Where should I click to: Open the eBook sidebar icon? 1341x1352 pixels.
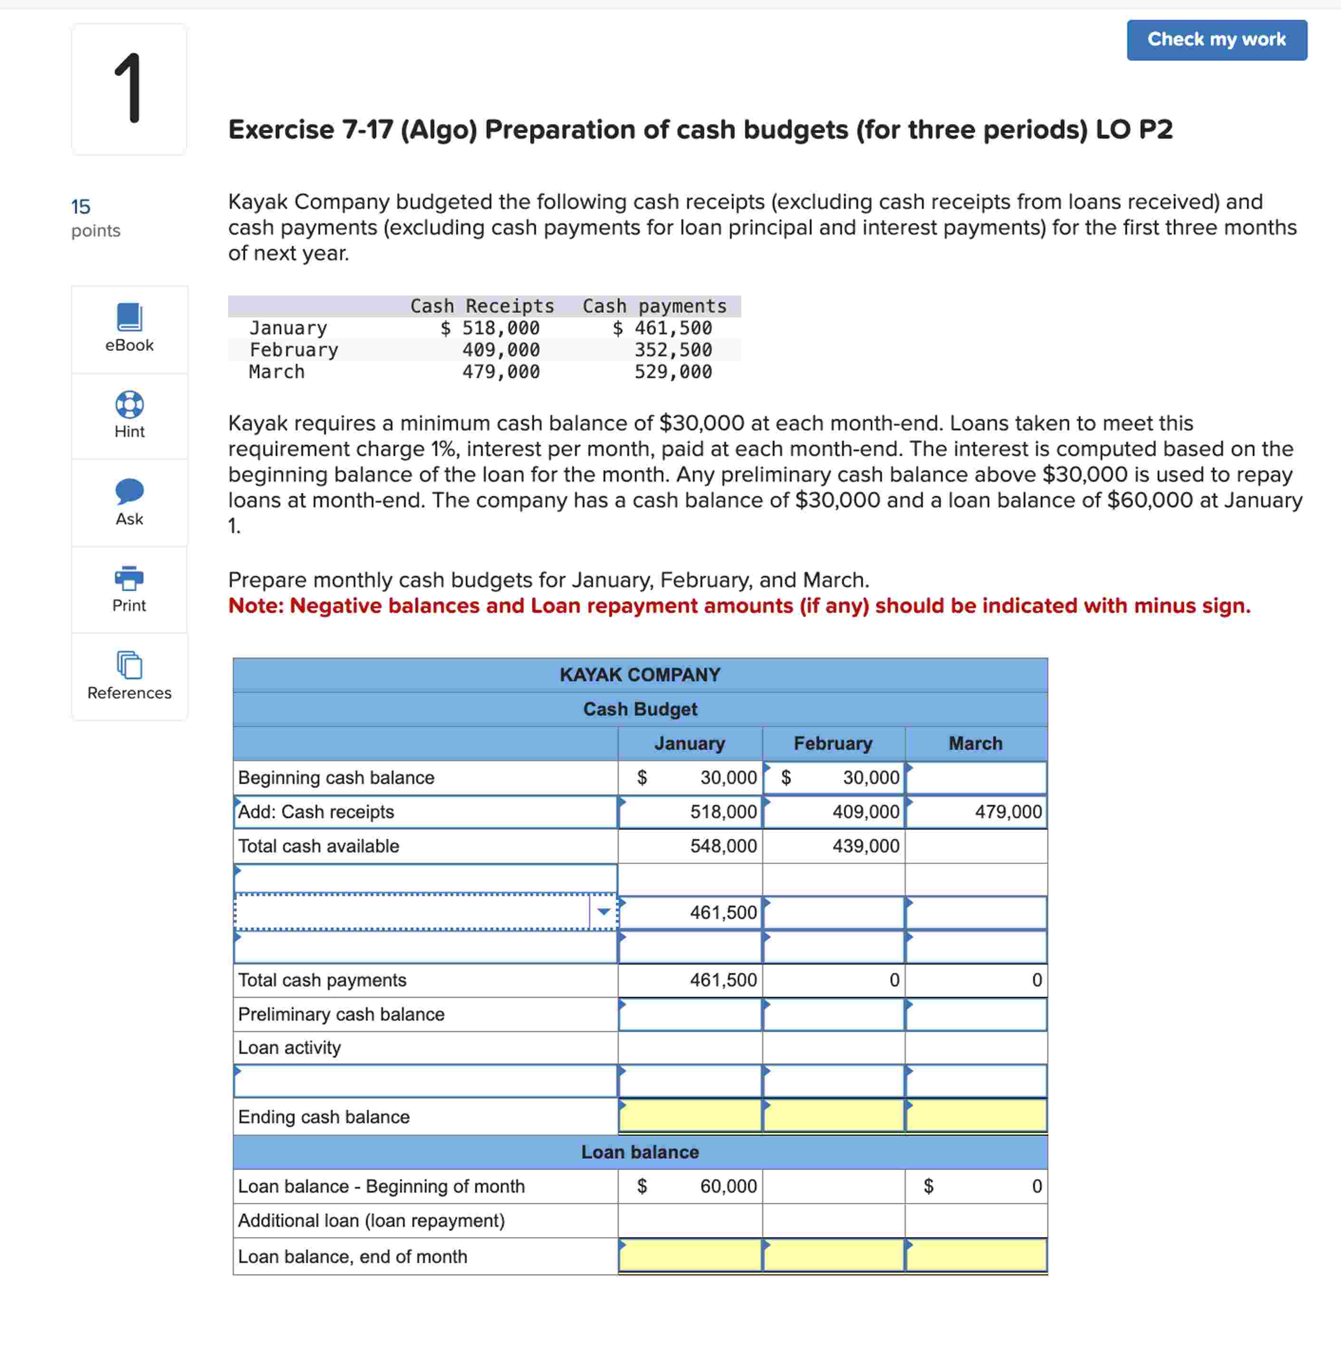coord(129,318)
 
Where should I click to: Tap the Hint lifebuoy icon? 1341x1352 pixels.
coord(129,404)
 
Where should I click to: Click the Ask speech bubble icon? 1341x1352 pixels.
coord(129,491)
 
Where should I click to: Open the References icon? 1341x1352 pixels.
coord(129,665)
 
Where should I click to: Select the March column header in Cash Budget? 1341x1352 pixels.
coord(975,743)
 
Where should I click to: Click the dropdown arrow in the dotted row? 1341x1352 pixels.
coord(603,912)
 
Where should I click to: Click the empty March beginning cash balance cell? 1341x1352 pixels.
coord(976,777)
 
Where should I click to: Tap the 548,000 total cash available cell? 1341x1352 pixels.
coord(723,846)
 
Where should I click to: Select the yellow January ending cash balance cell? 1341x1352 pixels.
coord(690,1116)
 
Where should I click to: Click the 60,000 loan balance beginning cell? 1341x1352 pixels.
coord(728,1186)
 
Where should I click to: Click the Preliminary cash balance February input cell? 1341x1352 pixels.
coord(833,1014)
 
